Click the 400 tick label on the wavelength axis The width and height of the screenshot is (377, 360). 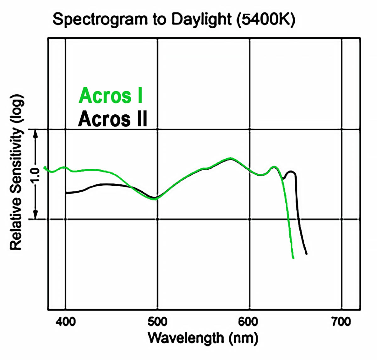[66, 322]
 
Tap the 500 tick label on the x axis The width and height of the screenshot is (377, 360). [157, 322]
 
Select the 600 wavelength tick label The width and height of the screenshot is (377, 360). [249, 322]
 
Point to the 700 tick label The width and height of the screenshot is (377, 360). [341, 322]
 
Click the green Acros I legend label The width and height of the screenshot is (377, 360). [111, 95]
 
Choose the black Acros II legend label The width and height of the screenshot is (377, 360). [112, 119]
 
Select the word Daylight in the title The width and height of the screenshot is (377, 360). [201, 19]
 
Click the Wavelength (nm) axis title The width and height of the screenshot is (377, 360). [203, 338]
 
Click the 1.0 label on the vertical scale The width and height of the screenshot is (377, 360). [36, 175]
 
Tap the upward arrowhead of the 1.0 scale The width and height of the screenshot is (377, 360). [36, 133]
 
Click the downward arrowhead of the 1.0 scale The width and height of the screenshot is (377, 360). [36, 216]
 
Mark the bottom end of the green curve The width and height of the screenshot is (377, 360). [293, 258]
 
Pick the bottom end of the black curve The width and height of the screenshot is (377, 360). [306, 253]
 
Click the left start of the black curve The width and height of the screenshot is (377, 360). [67, 193]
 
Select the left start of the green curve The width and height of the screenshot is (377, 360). [45, 167]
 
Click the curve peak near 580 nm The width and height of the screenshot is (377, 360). [231, 158]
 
